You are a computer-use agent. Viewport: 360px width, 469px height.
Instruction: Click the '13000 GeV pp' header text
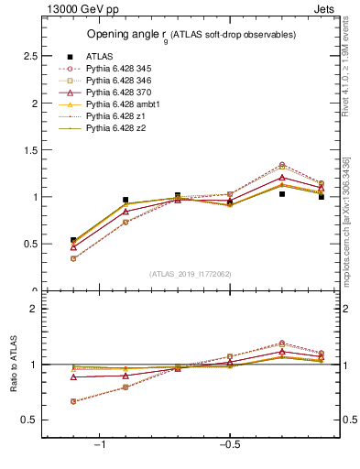click(x=77, y=10)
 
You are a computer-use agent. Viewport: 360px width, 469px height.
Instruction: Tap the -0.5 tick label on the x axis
click(x=228, y=445)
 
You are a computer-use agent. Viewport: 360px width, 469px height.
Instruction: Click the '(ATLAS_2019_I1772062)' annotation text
click(x=190, y=273)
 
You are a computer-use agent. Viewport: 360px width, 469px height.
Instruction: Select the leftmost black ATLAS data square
click(x=73, y=240)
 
